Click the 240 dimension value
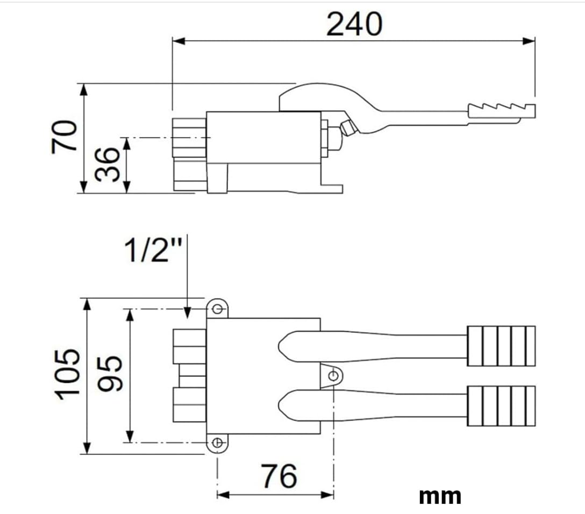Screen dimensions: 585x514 (x=354, y=24)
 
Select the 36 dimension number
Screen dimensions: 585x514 (x=107, y=165)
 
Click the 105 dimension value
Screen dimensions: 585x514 (x=68, y=375)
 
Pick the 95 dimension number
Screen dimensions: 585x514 (x=110, y=373)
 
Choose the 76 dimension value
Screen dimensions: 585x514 (x=279, y=476)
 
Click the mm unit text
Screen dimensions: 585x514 (x=440, y=496)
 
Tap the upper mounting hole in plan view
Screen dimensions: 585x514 (x=218, y=309)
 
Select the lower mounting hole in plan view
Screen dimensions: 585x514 (x=217, y=442)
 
